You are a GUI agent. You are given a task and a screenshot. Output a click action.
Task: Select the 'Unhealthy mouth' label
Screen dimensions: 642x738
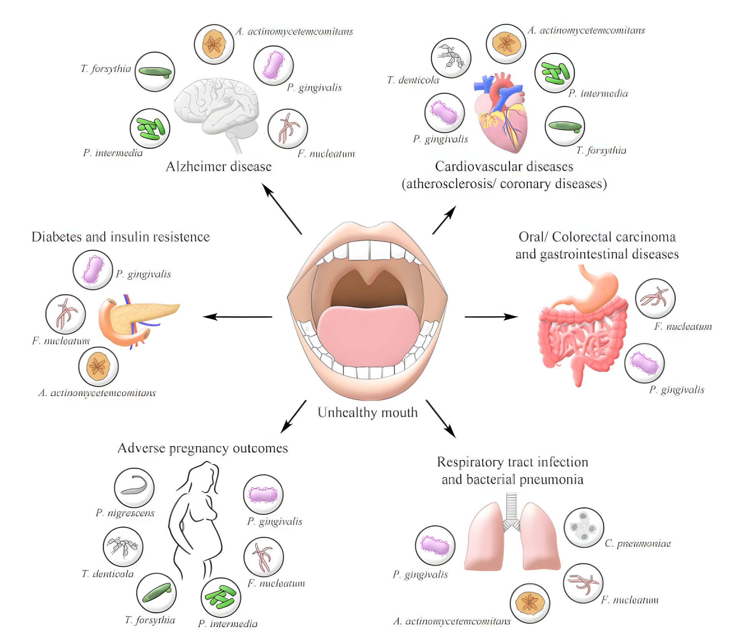367,412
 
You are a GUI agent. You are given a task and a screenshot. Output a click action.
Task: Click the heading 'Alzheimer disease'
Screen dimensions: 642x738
218,166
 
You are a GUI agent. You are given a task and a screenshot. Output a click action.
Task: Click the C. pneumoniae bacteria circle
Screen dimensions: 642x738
583,528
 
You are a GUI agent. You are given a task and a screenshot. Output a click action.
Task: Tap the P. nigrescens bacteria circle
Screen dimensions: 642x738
134,488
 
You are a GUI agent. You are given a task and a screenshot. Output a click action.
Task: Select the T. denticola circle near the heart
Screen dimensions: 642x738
451,58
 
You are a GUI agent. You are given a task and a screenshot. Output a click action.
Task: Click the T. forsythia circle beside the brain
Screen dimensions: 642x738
155,72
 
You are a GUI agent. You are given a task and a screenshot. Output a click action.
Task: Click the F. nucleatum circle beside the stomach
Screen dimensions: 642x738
655,299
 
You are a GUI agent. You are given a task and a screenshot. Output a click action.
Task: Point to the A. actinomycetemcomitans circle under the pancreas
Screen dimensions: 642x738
98,367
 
